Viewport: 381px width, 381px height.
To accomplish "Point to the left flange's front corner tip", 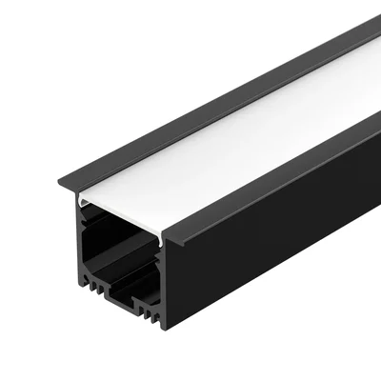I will coord(59,182).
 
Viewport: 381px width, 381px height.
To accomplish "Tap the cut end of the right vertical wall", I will coord(162,276).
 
